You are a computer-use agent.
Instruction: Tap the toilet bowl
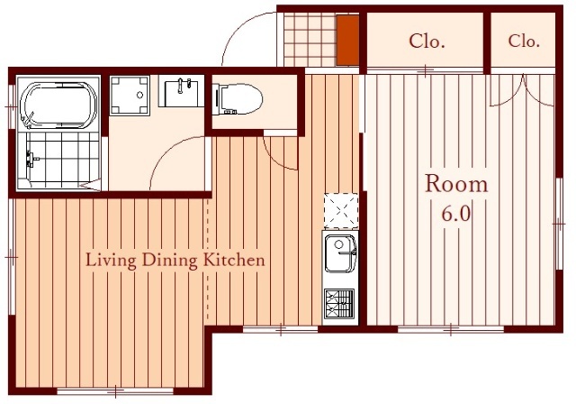click(238, 99)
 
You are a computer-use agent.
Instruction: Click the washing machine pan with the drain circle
click(130, 96)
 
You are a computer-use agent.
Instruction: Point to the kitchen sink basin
click(340, 253)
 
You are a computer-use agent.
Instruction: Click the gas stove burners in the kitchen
click(339, 304)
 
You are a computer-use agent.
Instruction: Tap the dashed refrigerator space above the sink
click(341, 210)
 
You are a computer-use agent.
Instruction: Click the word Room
click(456, 184)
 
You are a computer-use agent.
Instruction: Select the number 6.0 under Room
click(456, 214)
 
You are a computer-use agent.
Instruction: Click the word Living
click(111, 261)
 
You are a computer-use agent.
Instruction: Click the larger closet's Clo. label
click(427, 41)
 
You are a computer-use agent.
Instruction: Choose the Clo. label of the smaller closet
click(524, 41)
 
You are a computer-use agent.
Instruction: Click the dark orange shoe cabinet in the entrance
click(348, 40)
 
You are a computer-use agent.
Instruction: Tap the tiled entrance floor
click(310, 40)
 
